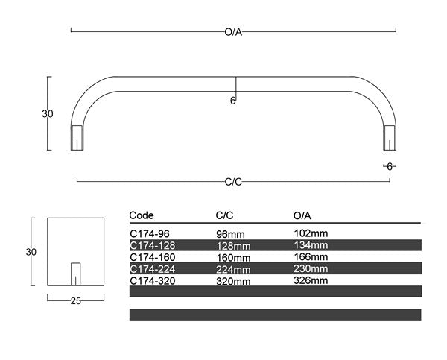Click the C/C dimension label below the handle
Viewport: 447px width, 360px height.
pos(233,181)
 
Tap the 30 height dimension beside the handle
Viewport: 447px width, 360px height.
pos(47,114)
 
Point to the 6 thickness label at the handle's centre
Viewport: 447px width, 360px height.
pos(232,101)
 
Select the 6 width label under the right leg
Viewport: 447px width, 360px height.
pos(389,166)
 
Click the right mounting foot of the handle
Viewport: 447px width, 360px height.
pos(389,138)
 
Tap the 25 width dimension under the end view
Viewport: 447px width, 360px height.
pos(74,300)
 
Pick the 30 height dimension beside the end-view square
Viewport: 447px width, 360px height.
pos(31,252)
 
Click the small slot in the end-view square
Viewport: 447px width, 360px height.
pos(75,274)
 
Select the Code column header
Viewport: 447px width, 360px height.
pos(142,215)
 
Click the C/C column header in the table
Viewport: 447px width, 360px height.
pos(225,215)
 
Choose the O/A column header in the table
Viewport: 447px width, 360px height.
pos(304,215)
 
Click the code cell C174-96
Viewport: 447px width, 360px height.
pos(149,233)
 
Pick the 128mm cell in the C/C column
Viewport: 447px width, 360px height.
pos(232,245)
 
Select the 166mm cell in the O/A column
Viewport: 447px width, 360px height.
pos(311,257)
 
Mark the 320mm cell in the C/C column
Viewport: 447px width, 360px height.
pos(232,281)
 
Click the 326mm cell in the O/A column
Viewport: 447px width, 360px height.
pos(311,281)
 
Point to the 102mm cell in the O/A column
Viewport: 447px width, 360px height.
pos(311,233)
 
